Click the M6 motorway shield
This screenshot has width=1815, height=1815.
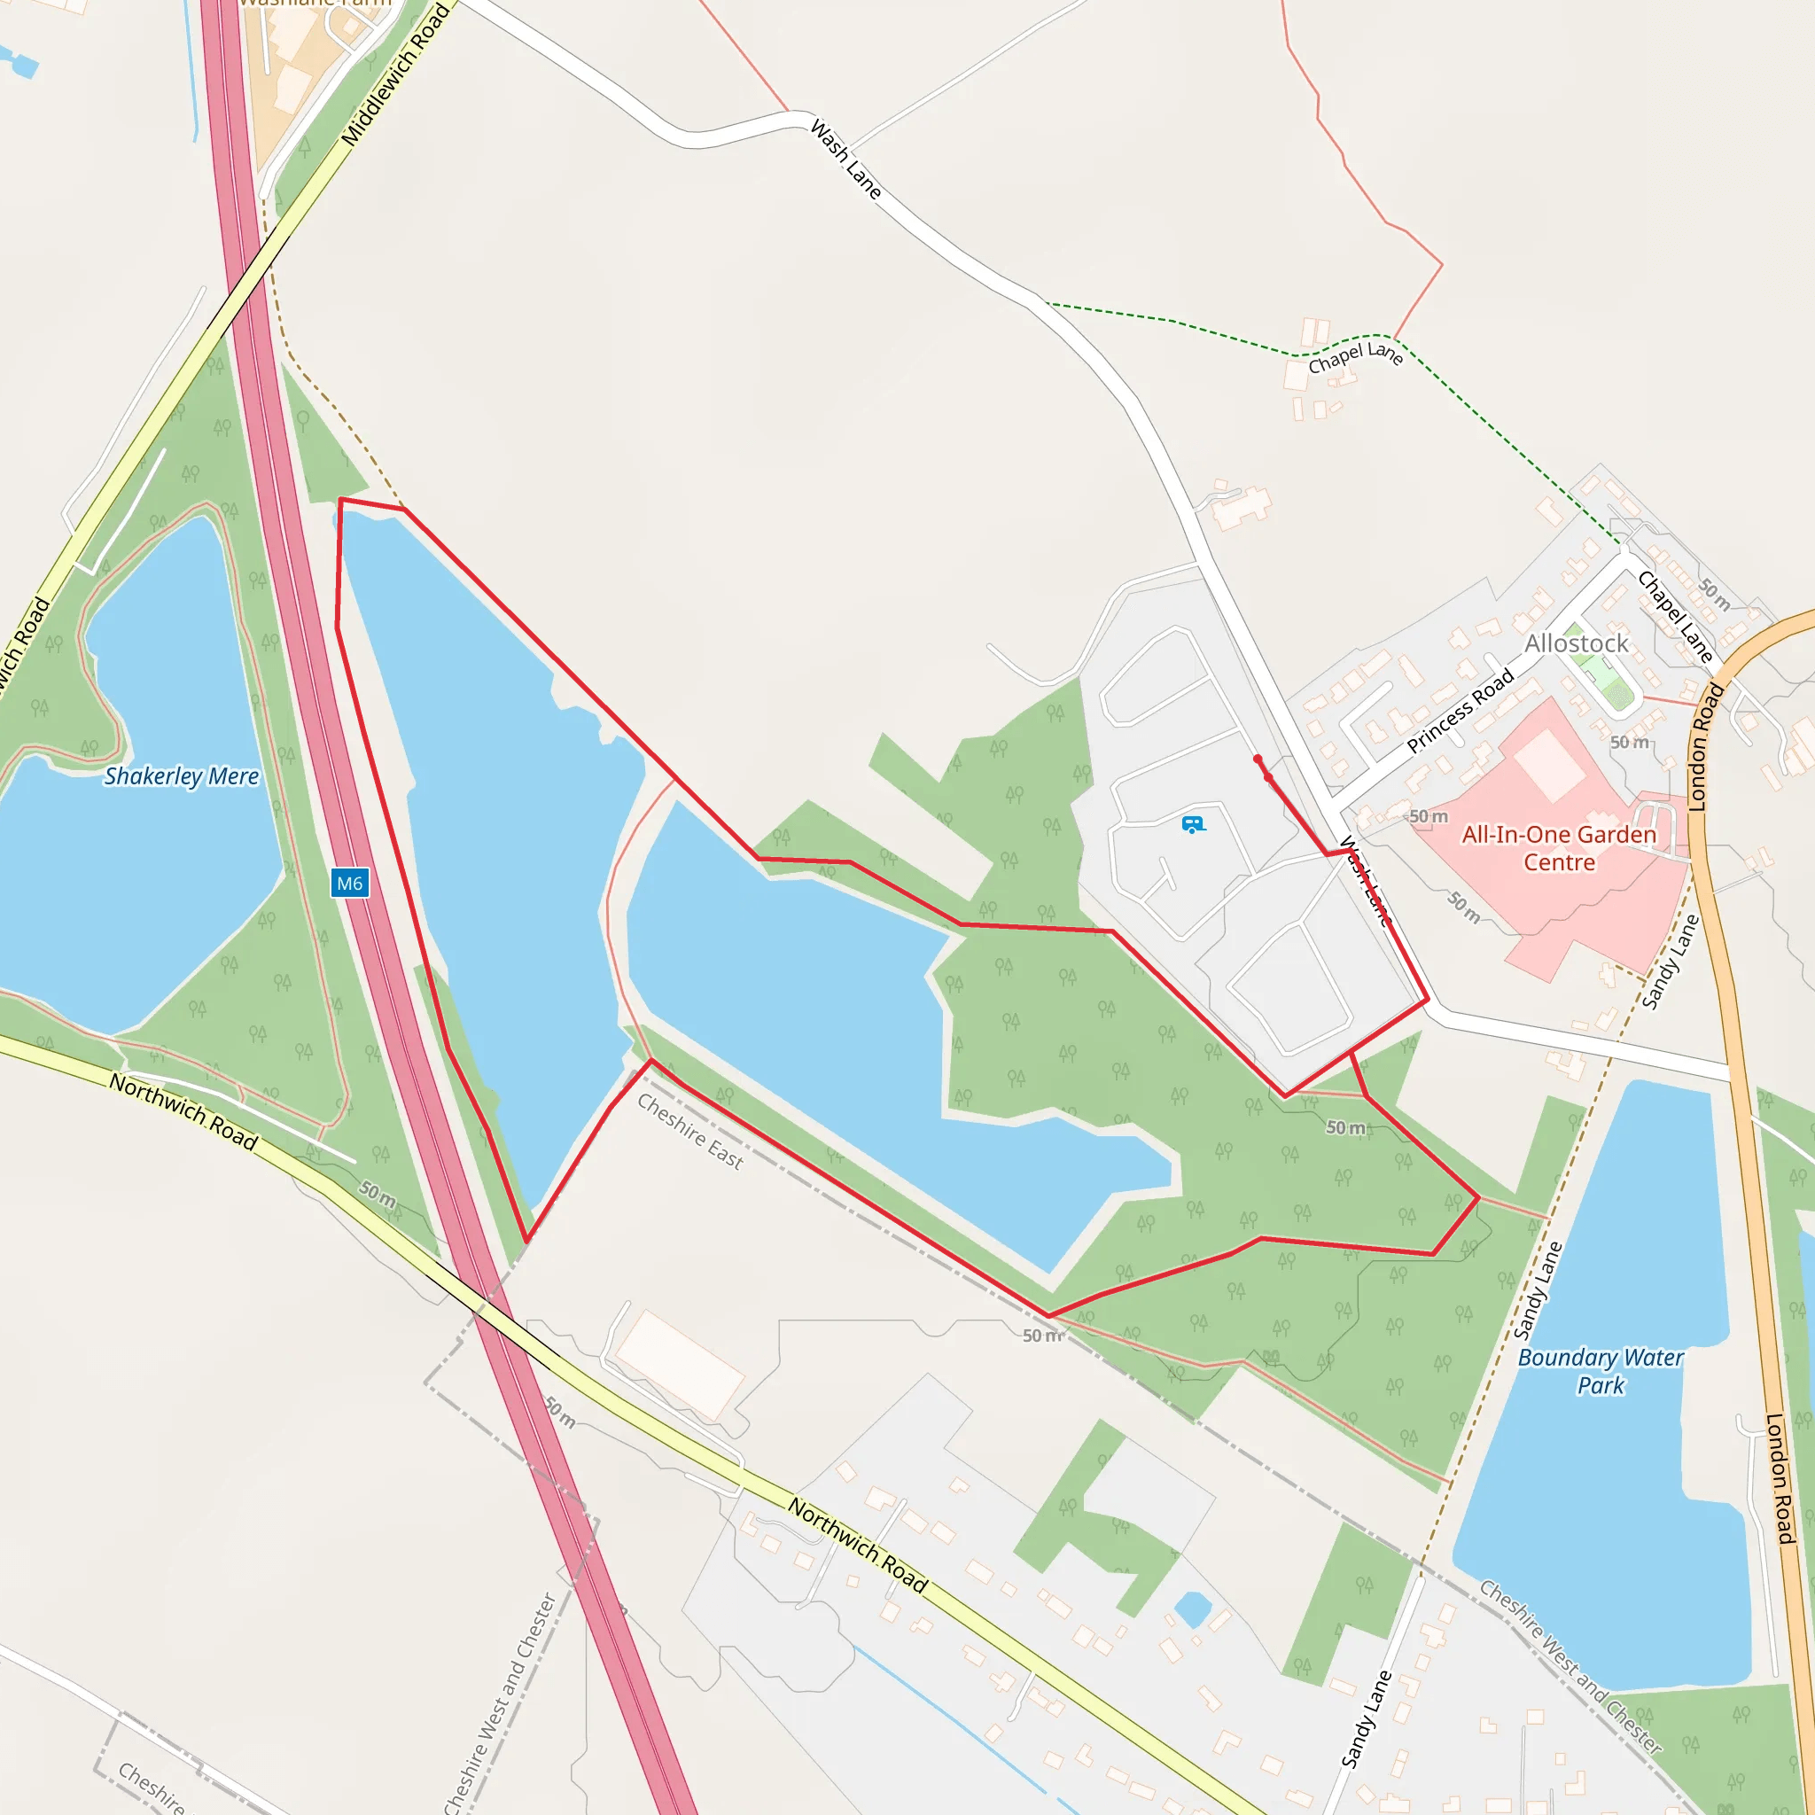click(349, 883)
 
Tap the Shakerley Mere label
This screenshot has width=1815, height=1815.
click(182, 776)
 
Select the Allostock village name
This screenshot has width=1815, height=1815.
click(1577, 643)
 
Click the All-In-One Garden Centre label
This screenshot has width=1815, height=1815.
click(1559, 848)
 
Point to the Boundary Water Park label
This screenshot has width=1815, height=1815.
click(1601, 1371)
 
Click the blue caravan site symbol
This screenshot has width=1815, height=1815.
click(1193, 825)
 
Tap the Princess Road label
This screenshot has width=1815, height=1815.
click(1460, 710)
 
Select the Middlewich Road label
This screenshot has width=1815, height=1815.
click(394, 75)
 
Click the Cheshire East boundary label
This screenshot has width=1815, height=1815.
click(689, 1131)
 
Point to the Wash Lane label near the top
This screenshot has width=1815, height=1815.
click(845, 159)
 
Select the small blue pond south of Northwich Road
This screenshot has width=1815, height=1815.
click(1193, 1609)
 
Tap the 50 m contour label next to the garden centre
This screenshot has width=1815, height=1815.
click(1428, 816)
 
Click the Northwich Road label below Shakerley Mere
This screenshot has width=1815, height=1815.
click(183, 1111)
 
